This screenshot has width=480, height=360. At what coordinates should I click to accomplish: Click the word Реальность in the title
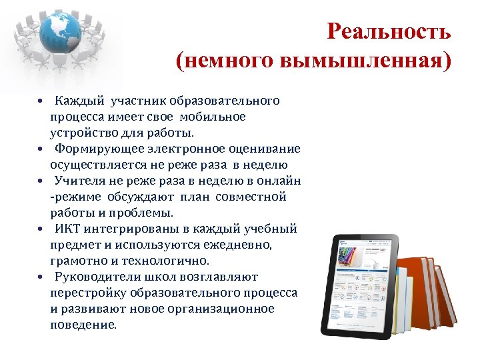[389, 31]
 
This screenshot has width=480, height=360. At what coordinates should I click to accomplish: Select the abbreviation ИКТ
[69, 229]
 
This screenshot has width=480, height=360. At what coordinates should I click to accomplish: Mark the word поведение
[82, 325]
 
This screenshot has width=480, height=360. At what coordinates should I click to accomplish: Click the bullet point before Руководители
[41, 277]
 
